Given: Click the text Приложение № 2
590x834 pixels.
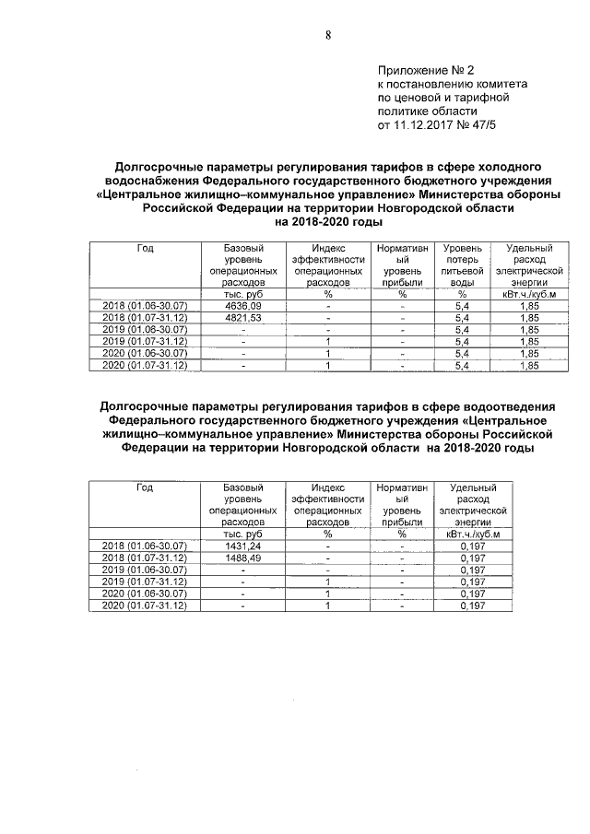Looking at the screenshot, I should [425, 70].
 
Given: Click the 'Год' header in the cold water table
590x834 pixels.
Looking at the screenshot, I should [145, 249].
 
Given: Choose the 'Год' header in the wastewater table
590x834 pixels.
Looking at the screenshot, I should [145, 487].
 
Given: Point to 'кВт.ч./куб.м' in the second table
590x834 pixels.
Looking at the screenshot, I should [473, 534].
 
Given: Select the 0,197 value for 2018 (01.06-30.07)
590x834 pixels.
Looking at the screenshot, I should [472, 546].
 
